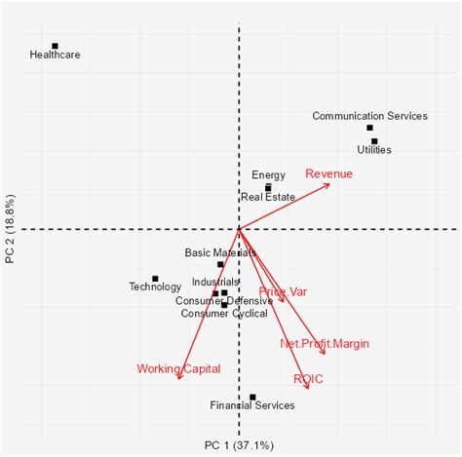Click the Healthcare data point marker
coord(55,46)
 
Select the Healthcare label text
coord(55,56)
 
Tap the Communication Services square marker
coord(369,128)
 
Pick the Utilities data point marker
coord(374,141)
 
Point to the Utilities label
coord(374,150)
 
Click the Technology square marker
coord(155,279)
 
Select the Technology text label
coord(155,286)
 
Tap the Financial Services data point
coord(252,397)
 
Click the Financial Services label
coord(251,405)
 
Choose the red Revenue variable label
coord(329,173)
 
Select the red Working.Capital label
coord(178,368)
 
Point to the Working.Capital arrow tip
coord(178,380)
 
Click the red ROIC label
coord(308,378)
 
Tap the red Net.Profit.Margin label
coord(325,343)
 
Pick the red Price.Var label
coord(283,291)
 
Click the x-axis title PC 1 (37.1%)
coord(239,445)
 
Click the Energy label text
coord(268,175)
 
